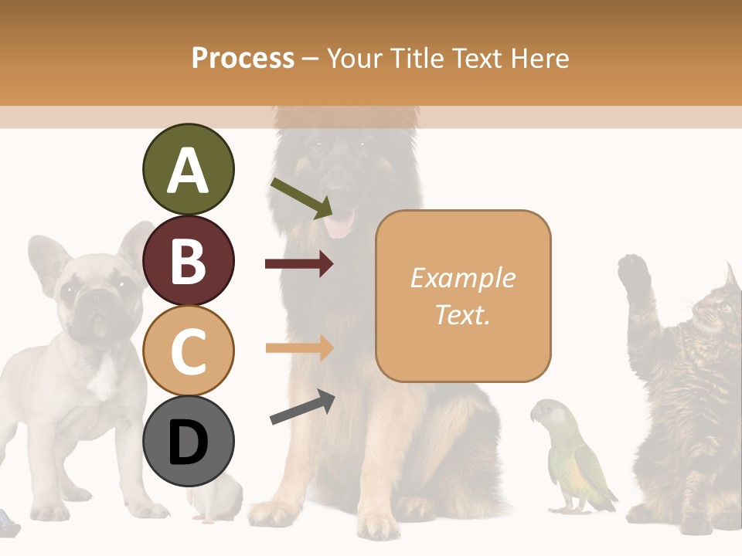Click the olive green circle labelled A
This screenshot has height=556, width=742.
tap(188, 170)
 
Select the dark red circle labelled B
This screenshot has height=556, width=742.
tap(188, 261)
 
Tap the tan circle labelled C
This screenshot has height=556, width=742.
tap(189, 351)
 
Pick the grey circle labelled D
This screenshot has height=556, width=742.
tap(189, 441)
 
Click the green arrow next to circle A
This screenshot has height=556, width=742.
tap(301, 198)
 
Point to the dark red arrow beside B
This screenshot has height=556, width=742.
tap(299, 264)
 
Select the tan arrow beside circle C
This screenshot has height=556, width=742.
tap(299, 347)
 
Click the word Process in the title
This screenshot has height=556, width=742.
tap(243, 58)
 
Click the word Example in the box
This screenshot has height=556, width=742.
tap(462, 278)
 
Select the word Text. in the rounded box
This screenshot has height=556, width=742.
tap(462, 315)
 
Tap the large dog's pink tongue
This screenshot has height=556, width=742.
tap(339, 225)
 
